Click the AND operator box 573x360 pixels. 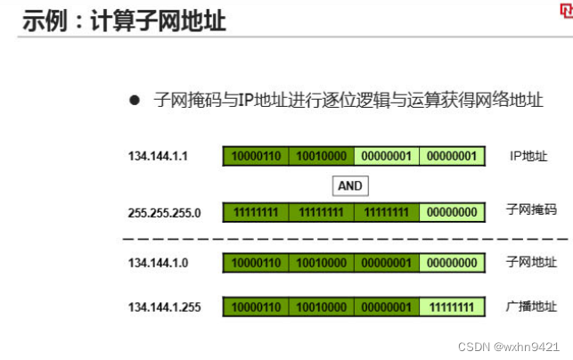click(x=349, y=185)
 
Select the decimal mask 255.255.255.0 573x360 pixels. click(x=165, y=212)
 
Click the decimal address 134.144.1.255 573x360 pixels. click(x=165, y=307)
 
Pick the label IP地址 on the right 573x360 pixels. click(x=528, y=156)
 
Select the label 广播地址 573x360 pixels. click(x=531, y=307)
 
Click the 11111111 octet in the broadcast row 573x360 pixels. click(x=453, y=307)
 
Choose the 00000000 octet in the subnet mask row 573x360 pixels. click(x=453, y=212)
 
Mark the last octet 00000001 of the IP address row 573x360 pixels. click(x=453, y=157)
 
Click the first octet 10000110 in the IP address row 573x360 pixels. click(x=256, y=157)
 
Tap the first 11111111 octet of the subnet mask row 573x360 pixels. click(x=256, y=212)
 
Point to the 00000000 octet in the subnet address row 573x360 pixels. click(x=453, y=263)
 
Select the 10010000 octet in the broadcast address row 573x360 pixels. click(x=321, y=307)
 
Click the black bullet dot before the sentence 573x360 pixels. click(x=135, y=100)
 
